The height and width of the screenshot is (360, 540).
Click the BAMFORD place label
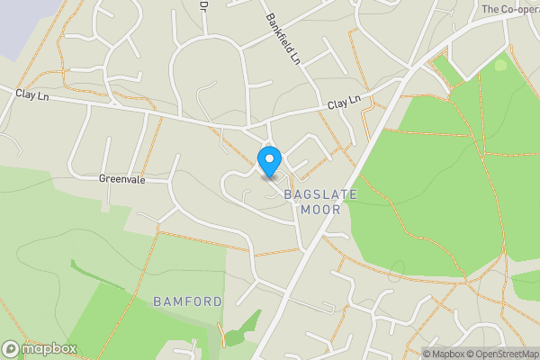pyautogui.click(x=187, y=300)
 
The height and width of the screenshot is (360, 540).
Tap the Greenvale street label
pyautogui.click(x=121, y=179)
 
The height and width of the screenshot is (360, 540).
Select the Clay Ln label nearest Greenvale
pyautogui.click(x=31, y=93)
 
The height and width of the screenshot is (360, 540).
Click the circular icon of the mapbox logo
pyautogui.click(x=11, y=348)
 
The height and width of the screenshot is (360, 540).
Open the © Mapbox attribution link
pyautogui.click(x=444, y=354)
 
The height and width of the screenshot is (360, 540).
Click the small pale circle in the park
pyautogui.click(x=500, y=64)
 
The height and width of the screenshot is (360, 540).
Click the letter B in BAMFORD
pyautogui.click(x=157, y=300)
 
